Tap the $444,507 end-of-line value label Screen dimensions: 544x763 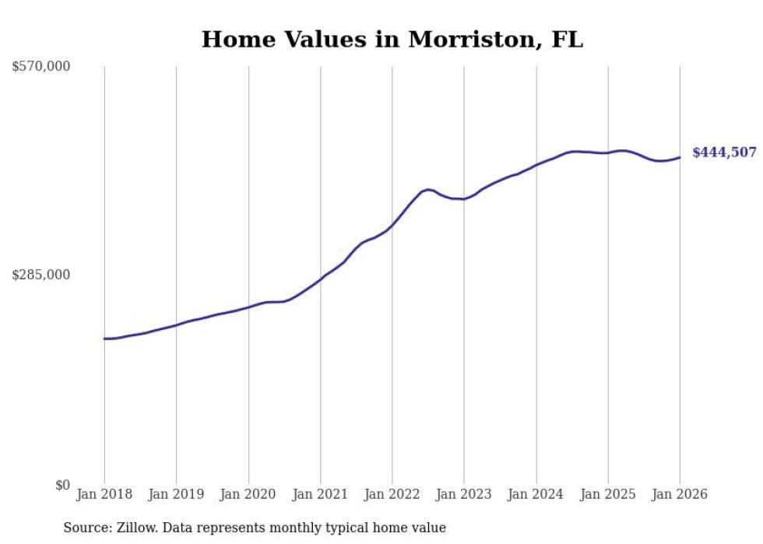point(724,153)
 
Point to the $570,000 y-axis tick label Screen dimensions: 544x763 point(41,67)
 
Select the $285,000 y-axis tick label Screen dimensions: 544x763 point(41,275)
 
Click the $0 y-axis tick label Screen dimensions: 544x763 point(62,485)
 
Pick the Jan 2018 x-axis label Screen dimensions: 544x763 point(104,494)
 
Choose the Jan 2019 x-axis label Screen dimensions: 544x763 point(176,494)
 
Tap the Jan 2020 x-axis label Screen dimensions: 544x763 point(248,494)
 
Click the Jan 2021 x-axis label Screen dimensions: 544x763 point(320,494)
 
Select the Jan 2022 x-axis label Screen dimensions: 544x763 point(392,494)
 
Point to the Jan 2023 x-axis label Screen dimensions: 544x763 point(464,494)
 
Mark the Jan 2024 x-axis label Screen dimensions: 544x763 point(536,494)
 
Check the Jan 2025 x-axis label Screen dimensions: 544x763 point(608,494)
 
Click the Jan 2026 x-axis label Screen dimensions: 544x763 point(680,494)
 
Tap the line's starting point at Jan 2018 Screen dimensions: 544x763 point(104,339)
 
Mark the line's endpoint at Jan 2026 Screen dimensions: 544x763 point(680,157)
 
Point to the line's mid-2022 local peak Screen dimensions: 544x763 point(427,189)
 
